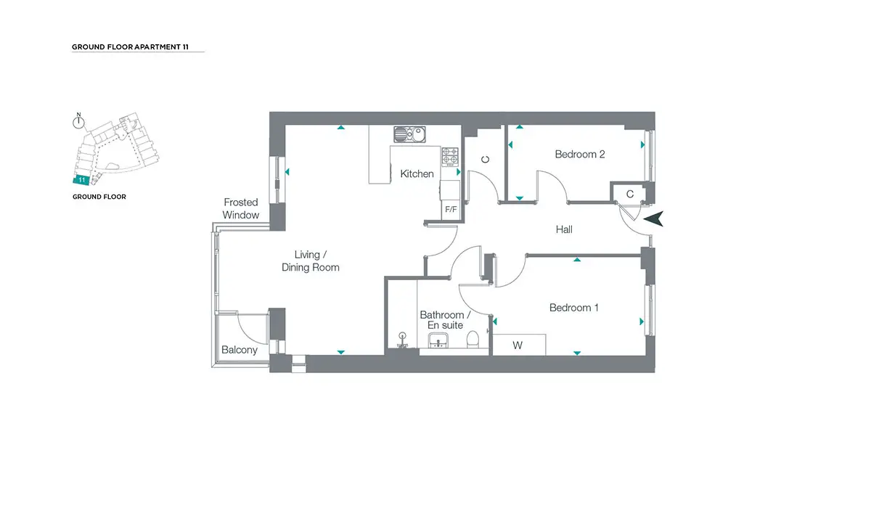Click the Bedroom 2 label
point(580,155)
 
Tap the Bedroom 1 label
point(573,308)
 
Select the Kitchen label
point(417,174)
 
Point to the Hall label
point(564,229)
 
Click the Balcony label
point(239,350)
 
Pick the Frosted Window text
point(241,208)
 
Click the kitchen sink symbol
point(409,134)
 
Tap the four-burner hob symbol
point(450,157)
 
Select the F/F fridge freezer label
point(451,209)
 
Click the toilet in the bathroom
point(473,339)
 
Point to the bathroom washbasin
point(438,340)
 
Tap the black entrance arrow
point(654,219)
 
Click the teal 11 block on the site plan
point(81,180)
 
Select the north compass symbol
point(78,121)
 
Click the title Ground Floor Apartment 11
point(130,47)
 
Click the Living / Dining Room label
point(311,261)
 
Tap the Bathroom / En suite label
point(445,319)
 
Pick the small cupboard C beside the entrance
point(629,194)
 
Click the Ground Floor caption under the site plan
point(99,197)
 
